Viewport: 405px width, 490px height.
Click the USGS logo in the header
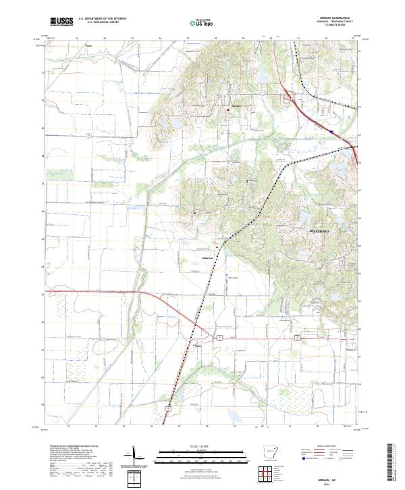tap(62, 22)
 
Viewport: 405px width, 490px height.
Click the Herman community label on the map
tap(236, 107)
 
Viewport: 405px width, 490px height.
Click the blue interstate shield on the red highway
tap(331, 132)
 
